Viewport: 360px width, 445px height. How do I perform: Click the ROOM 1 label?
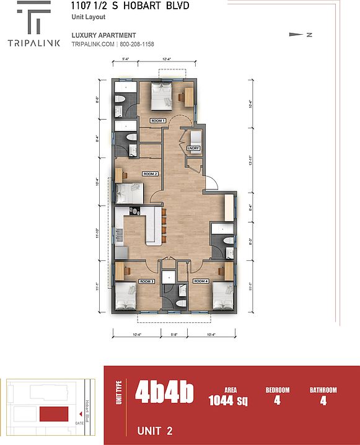pos(158,120)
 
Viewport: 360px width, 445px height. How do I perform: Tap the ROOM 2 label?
pos(151,174)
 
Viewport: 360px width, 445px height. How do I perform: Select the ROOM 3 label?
pos(147,281)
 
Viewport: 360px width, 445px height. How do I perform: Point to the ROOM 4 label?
pos(201,281)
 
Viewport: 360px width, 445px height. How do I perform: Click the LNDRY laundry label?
pos(193,148)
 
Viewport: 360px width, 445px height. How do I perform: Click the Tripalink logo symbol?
pos(35,19)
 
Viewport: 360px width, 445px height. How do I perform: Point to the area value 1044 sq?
pos(228,400)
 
